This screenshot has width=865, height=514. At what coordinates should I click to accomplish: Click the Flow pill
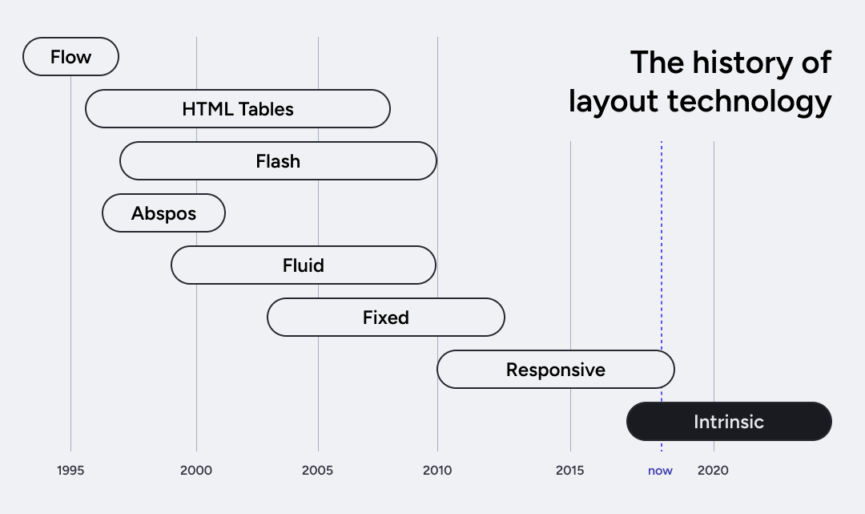coord(70,57)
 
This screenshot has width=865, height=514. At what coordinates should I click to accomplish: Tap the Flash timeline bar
coord(278,161)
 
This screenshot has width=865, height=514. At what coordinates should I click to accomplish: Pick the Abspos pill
coord(163,213)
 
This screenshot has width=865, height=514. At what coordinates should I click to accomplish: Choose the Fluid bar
coord(303,265)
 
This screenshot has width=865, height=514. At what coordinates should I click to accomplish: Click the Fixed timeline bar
coord(385,318)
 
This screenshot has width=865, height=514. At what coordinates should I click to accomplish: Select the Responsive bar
coord(555,370)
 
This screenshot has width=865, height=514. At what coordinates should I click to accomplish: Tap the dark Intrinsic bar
coord(729,422)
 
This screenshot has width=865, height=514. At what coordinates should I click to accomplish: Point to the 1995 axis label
coord(70,471)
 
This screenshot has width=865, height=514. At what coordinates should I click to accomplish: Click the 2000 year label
coord(196,471)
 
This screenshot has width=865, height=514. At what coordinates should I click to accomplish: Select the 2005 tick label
coord(318,471)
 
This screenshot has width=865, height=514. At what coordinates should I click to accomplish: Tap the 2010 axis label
coord(437,471)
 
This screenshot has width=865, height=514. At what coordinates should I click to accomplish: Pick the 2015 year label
coord(570,471)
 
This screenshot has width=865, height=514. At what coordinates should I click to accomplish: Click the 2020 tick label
coord(713,471)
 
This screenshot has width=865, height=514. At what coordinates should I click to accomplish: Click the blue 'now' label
coord(661,471)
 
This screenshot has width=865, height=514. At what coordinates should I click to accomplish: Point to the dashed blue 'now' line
coord(662,241)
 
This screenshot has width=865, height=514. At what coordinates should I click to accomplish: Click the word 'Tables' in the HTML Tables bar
coord(267,109)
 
